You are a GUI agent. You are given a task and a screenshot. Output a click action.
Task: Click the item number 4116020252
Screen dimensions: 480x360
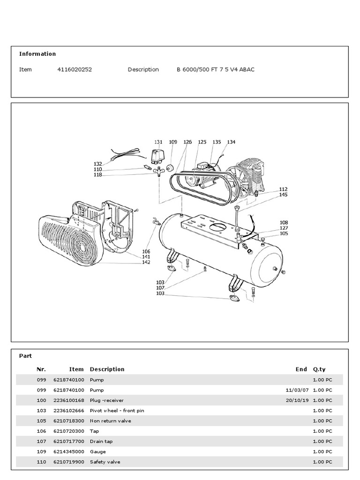(75, 69)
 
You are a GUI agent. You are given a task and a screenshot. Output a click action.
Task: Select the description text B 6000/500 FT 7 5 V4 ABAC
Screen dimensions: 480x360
(216, 69)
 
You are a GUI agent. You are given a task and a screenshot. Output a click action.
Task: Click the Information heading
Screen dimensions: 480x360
(37, 54)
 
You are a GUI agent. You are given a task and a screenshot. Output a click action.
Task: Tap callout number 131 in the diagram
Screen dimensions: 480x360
(158, 142)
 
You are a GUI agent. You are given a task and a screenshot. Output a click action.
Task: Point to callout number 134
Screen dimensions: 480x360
(231, 142)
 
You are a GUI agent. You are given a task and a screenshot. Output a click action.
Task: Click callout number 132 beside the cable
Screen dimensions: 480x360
(97, 164)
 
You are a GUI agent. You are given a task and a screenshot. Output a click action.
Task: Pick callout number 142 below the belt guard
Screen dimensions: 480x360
(146, 262)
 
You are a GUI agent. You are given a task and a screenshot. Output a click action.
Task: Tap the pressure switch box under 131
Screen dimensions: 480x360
(158, 154)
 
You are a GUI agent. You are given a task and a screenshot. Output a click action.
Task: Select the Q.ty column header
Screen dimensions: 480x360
(319, 369)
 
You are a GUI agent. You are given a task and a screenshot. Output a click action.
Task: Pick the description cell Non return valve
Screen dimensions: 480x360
(111, 421)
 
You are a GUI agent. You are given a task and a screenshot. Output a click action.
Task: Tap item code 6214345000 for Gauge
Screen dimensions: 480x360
(69, 452)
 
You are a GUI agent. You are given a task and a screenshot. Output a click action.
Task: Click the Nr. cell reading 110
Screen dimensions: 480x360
(41, 462)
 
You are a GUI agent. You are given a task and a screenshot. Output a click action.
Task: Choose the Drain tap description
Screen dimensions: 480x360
(101, 442)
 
